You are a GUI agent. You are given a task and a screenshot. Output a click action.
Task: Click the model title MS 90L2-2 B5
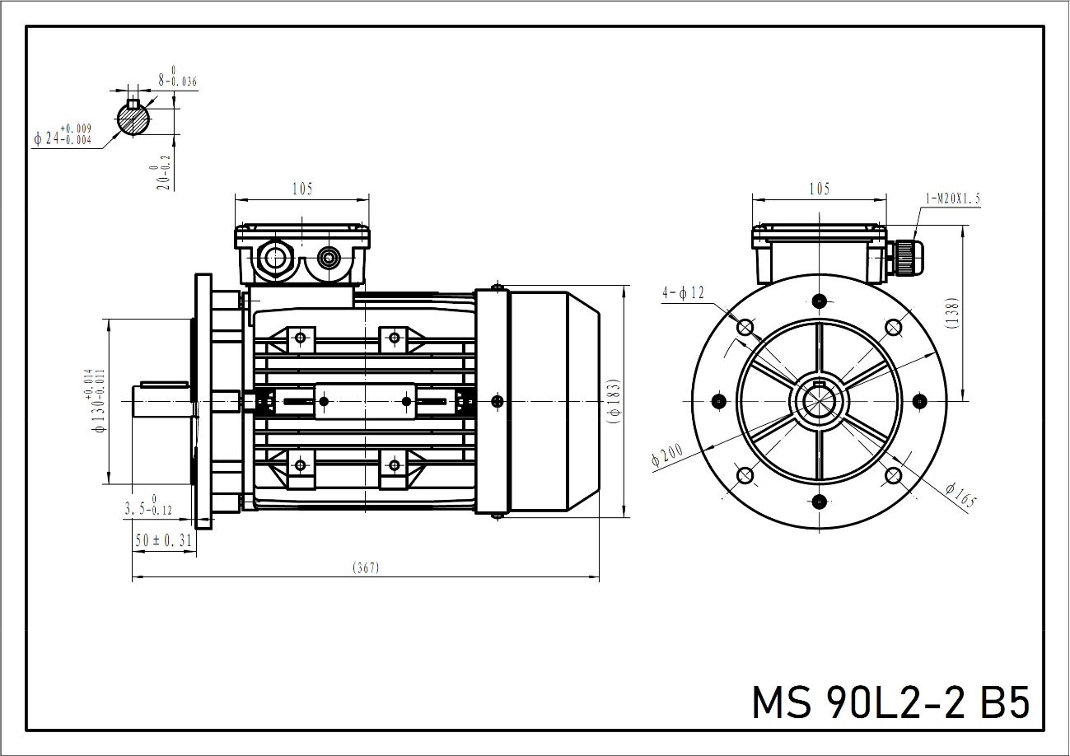(890, 702)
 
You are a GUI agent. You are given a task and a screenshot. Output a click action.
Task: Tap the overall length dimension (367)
(366, 568)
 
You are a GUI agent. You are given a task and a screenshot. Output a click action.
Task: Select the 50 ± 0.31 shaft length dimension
(164, 540)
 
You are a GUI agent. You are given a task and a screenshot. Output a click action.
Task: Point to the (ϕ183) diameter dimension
(613, 402)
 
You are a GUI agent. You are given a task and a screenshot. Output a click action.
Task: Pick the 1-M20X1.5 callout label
(953, 198)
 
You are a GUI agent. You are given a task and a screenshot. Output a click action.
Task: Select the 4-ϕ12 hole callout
(683, 293)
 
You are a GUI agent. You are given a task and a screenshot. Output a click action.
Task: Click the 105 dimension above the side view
(302, 189)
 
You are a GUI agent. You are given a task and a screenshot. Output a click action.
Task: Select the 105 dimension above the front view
(819, 189)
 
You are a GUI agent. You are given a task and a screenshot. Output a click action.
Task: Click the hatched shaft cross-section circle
(133, 120)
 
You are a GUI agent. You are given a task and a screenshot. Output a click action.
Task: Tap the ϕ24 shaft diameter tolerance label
(63, 136)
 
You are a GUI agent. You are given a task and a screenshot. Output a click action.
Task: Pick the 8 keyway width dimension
(177, 81)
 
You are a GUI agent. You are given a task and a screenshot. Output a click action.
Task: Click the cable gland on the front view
(904, 257)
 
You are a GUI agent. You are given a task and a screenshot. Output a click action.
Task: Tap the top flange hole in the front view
(819, 300)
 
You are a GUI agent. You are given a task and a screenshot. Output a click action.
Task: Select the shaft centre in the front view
(819, 401)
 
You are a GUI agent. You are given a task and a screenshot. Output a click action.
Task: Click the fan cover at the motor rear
(552, 402)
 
